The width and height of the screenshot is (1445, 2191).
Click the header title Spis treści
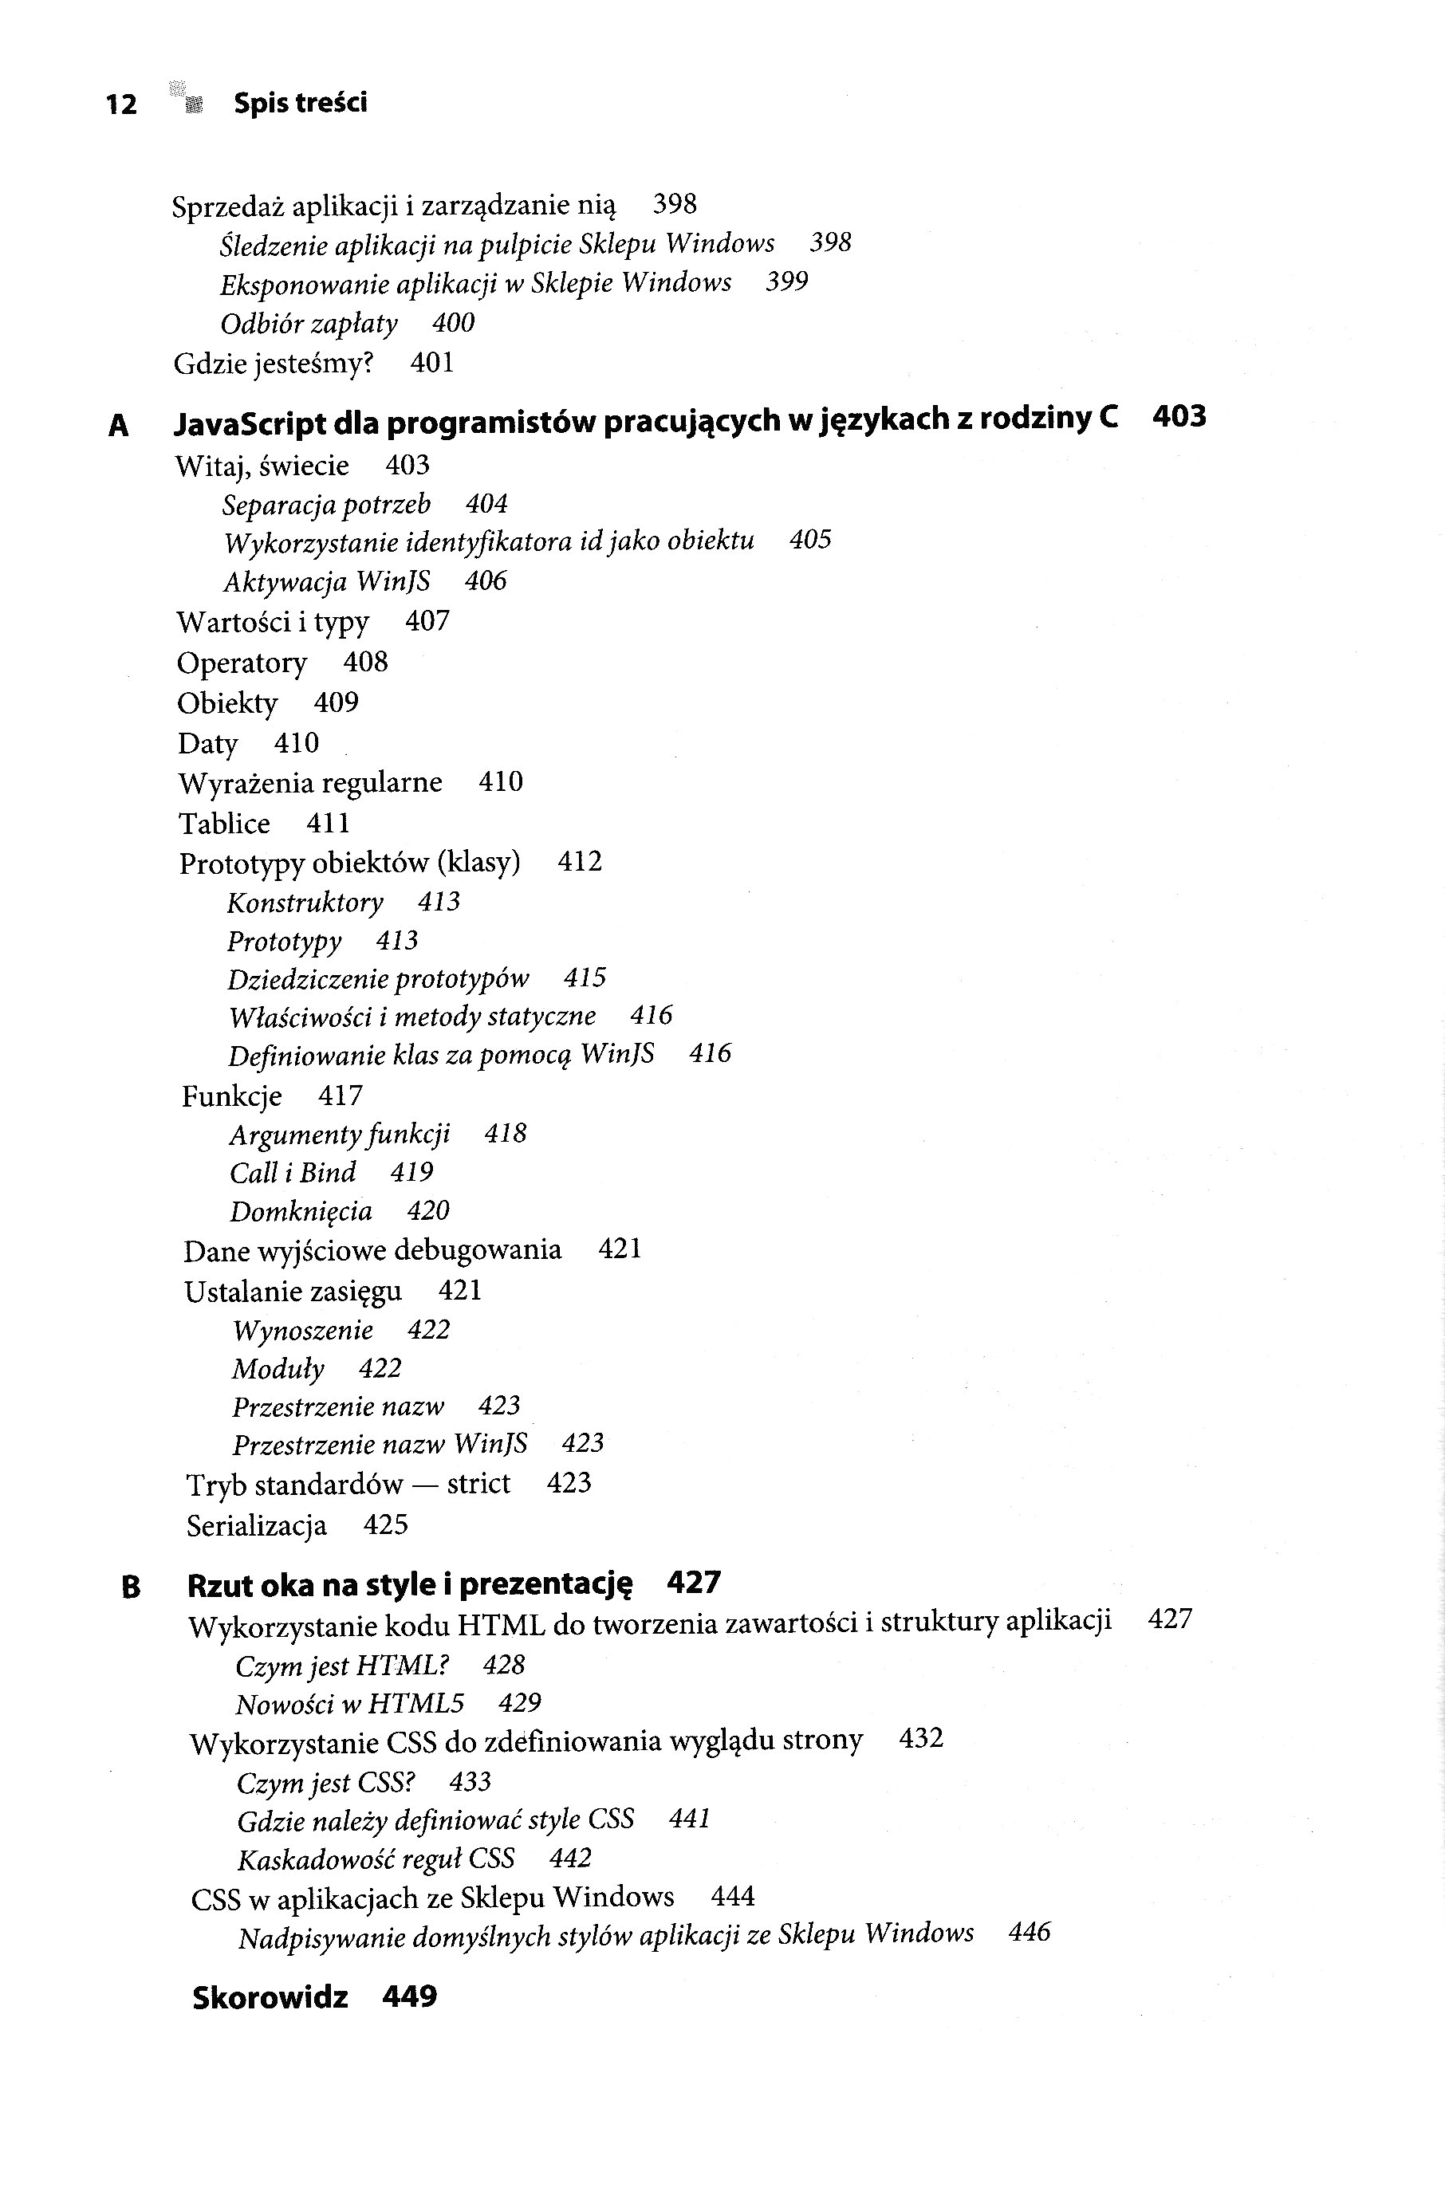[x=300, y=102]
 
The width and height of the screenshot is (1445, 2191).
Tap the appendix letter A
[x=118, y=426]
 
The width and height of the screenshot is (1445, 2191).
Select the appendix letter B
[x=131, y=1587]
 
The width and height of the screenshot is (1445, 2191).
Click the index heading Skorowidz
[x=270, y=1997]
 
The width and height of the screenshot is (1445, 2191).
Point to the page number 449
[x=409, y=1996]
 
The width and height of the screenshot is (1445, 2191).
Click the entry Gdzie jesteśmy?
[x=273, y=364]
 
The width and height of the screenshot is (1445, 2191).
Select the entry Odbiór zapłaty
[x=309, y=325]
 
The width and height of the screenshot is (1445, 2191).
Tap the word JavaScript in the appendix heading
[x=249, y=423]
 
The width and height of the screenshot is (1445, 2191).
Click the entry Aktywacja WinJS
[x=326, y=581]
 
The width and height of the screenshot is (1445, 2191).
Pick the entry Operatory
[x=242, y=663]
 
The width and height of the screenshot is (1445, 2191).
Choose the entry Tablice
[x=224, y=824]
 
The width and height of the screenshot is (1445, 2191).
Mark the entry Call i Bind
[x=292, y=1173]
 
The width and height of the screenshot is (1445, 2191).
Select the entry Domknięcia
[x=301, y=1212]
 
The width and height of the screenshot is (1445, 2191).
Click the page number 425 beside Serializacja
[x=385, y=1525]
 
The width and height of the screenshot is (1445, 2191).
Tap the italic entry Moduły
[x=278, y=1369]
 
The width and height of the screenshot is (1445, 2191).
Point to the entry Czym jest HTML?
[x=342, y=1666]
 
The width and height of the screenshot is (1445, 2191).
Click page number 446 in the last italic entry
[x=1030, y=1931]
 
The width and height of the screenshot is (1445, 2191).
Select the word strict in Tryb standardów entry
[x=478, y=1484]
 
